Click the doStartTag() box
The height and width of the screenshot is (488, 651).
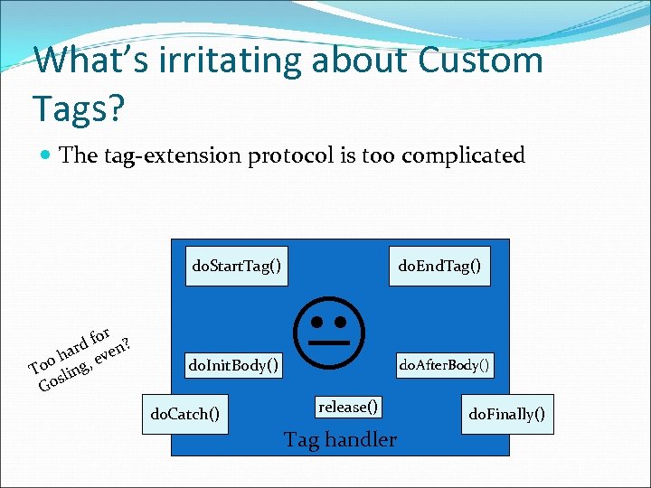(237, 266)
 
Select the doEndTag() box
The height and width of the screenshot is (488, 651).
(439, 266)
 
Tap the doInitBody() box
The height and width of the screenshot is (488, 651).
(233, 366)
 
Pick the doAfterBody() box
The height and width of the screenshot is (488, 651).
(444, 365)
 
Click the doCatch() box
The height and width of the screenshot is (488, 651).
(184, 415)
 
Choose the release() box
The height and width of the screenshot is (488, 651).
(348, 407)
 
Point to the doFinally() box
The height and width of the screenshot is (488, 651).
(506, 415)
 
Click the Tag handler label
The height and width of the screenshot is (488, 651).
(340, 440)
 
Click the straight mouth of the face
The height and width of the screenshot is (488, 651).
(331, 343)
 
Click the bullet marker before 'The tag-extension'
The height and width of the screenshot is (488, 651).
(44, 155)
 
